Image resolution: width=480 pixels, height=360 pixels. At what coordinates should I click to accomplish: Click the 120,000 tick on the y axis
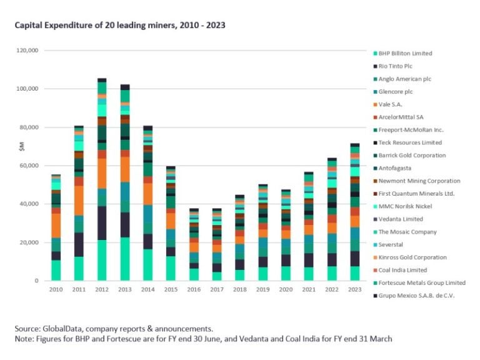[x=27, y=50]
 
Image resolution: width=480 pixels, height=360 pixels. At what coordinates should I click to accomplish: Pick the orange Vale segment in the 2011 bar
[x=79, y=200]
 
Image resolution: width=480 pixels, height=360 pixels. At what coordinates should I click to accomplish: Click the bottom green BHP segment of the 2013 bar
[x=125, y=259]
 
